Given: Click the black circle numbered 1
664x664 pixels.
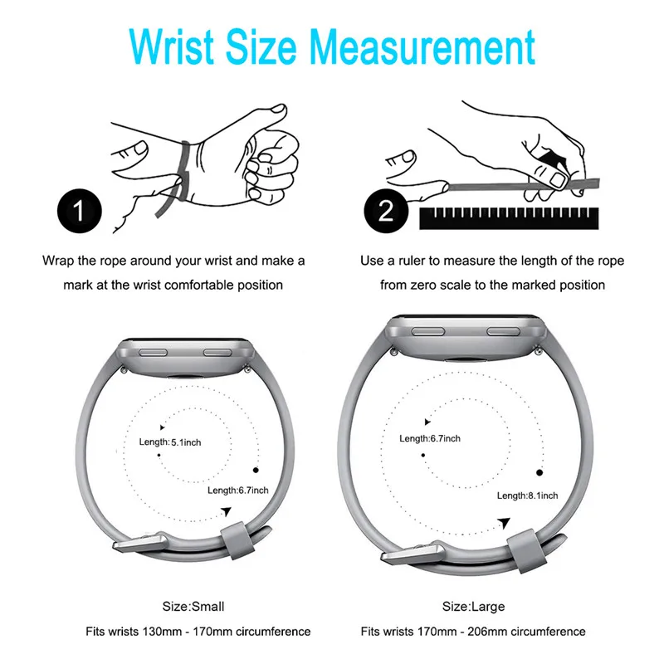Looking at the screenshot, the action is point(80,211).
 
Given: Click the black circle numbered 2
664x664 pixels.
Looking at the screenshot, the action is point(386,211).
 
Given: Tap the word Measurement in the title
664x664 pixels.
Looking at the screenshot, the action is point(422,46).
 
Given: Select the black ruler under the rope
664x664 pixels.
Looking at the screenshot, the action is point(509,218).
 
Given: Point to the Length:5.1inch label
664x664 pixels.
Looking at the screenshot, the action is point(170,442).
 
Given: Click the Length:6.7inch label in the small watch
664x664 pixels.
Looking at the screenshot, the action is point(238,491).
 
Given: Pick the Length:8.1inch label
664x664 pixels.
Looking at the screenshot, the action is point(527,496).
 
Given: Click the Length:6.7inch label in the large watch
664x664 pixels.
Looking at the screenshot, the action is point(430,438).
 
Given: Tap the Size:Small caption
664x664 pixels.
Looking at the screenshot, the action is point(193,607).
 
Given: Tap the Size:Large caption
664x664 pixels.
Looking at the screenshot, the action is point(473,607).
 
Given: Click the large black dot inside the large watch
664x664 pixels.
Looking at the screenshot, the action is point(539,472).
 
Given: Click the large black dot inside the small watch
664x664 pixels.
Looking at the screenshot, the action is point(256,470).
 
